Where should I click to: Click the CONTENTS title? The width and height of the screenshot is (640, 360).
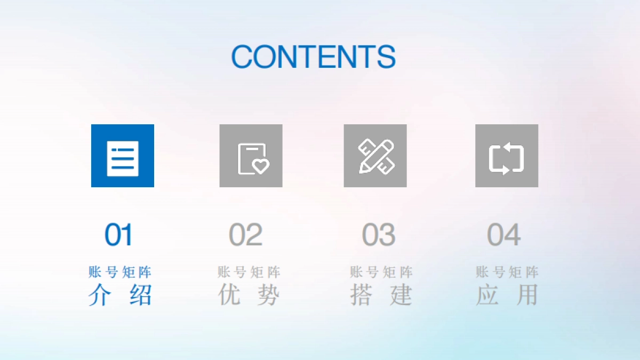(x=313, y=56)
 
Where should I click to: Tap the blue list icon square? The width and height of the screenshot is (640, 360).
(x=123, y=156)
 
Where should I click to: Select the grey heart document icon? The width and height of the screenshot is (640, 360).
(x=251, y=156)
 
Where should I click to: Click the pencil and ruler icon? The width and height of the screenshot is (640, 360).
(x=375, y=156)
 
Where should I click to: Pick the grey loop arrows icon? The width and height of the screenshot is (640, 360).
(x=507, y=156)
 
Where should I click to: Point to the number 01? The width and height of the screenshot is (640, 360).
(x=118, y=235)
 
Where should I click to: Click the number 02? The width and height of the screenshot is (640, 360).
(x=246, y=235)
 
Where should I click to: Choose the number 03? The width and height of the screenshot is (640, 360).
(x=378, y=235)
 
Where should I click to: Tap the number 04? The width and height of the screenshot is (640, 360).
(x=503, y=235)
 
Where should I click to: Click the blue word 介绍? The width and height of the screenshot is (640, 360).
(x=121, y=295)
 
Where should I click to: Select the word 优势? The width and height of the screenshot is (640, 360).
(x=249, y=295)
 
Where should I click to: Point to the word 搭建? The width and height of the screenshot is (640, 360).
(x=381, y=295)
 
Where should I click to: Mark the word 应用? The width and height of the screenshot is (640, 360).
(x=507, y=295)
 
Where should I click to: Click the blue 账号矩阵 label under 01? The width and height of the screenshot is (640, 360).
(x=121, y=273)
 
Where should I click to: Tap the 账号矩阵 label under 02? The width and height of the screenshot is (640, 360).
(x=249, y=273)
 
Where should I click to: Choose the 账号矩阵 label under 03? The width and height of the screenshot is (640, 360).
(x=381, y=273)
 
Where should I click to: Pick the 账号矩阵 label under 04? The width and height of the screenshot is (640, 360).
(x=507, y=273)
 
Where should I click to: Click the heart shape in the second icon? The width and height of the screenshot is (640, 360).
(x=260, y=166)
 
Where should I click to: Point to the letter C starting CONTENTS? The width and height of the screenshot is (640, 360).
(x=242, y=56)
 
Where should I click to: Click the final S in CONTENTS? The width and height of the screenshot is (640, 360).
(x=386, y=56)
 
